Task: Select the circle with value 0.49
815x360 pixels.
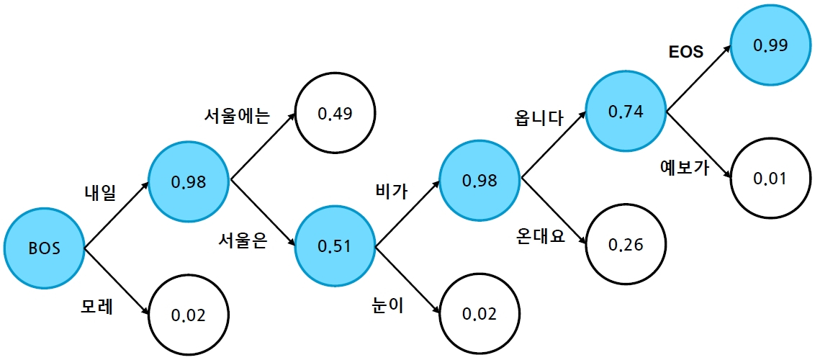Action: click(333, 113)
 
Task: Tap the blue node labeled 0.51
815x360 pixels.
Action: click(333, 246)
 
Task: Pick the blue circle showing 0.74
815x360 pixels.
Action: click(625, 112)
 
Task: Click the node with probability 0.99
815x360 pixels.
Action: click(770, 45)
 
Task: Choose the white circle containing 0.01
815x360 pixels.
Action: click(770, 178)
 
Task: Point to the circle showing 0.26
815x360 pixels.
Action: click(625, 245)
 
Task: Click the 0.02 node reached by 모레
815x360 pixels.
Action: click(189, 315)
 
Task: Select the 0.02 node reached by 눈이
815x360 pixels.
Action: click(479, 314)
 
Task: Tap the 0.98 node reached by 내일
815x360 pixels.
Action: click(189, 181)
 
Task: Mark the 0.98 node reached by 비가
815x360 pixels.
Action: click(479, 180)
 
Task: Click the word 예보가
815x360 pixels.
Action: click(685, 168)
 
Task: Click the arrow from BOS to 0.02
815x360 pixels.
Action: click(117, 282)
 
